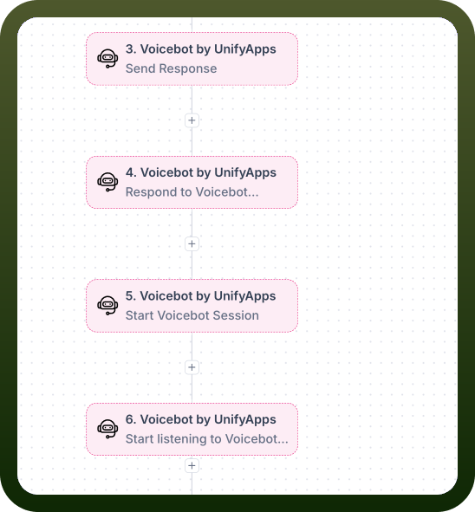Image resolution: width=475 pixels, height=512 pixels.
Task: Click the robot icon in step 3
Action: (x=107, y=58)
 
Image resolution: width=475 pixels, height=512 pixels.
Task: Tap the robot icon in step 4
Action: (x=107, y=182)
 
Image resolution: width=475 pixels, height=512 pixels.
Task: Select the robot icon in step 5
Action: (x=107, y=305)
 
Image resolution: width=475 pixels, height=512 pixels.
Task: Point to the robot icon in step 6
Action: (x=107, y=429)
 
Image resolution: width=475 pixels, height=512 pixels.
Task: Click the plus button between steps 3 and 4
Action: (x=192, y=120)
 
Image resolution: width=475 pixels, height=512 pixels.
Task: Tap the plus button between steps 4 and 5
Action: (x=192, y=244)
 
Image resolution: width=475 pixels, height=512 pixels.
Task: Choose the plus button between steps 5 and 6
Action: (x=192, y=367)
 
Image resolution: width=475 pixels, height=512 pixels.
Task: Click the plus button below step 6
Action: (x=192, y=465)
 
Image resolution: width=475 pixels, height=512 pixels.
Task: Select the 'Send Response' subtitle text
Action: (x=171, y=68)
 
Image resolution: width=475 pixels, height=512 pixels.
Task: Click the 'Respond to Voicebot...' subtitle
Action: (x=192, y=192)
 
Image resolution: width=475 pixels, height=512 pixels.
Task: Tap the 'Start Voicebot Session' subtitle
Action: (x=192, y=315)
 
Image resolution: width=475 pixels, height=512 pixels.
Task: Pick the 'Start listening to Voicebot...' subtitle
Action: (x=207, y=439)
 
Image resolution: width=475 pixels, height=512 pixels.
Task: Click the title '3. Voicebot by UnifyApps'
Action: (x=201, y=49)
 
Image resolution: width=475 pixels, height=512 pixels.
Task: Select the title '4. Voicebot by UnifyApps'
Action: (x=201, y=172)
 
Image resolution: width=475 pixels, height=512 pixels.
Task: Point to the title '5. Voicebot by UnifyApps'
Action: (x=201, y=296)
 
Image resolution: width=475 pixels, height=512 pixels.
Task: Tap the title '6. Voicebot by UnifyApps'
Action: (x=201, y=419)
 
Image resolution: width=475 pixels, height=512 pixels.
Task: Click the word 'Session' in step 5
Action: (x=236, y=315)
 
